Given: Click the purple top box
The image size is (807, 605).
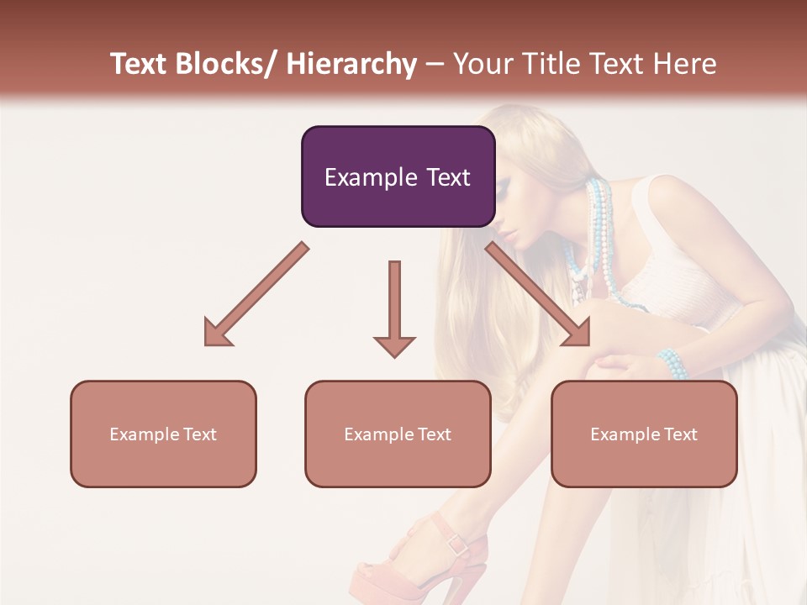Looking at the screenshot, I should coord(398,151).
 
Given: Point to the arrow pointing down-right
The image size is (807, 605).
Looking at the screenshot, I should coord(538,294).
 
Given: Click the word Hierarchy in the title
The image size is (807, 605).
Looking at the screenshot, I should coord(351,64).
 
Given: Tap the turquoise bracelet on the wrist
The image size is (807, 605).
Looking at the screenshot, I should coord(672,364).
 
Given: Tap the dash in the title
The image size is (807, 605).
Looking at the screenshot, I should coord(435,64).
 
